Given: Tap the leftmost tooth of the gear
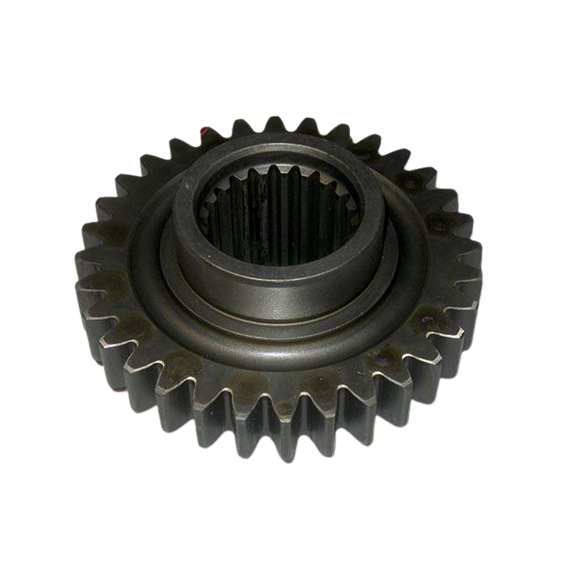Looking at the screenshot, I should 86,264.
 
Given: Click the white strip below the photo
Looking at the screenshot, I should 282,529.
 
